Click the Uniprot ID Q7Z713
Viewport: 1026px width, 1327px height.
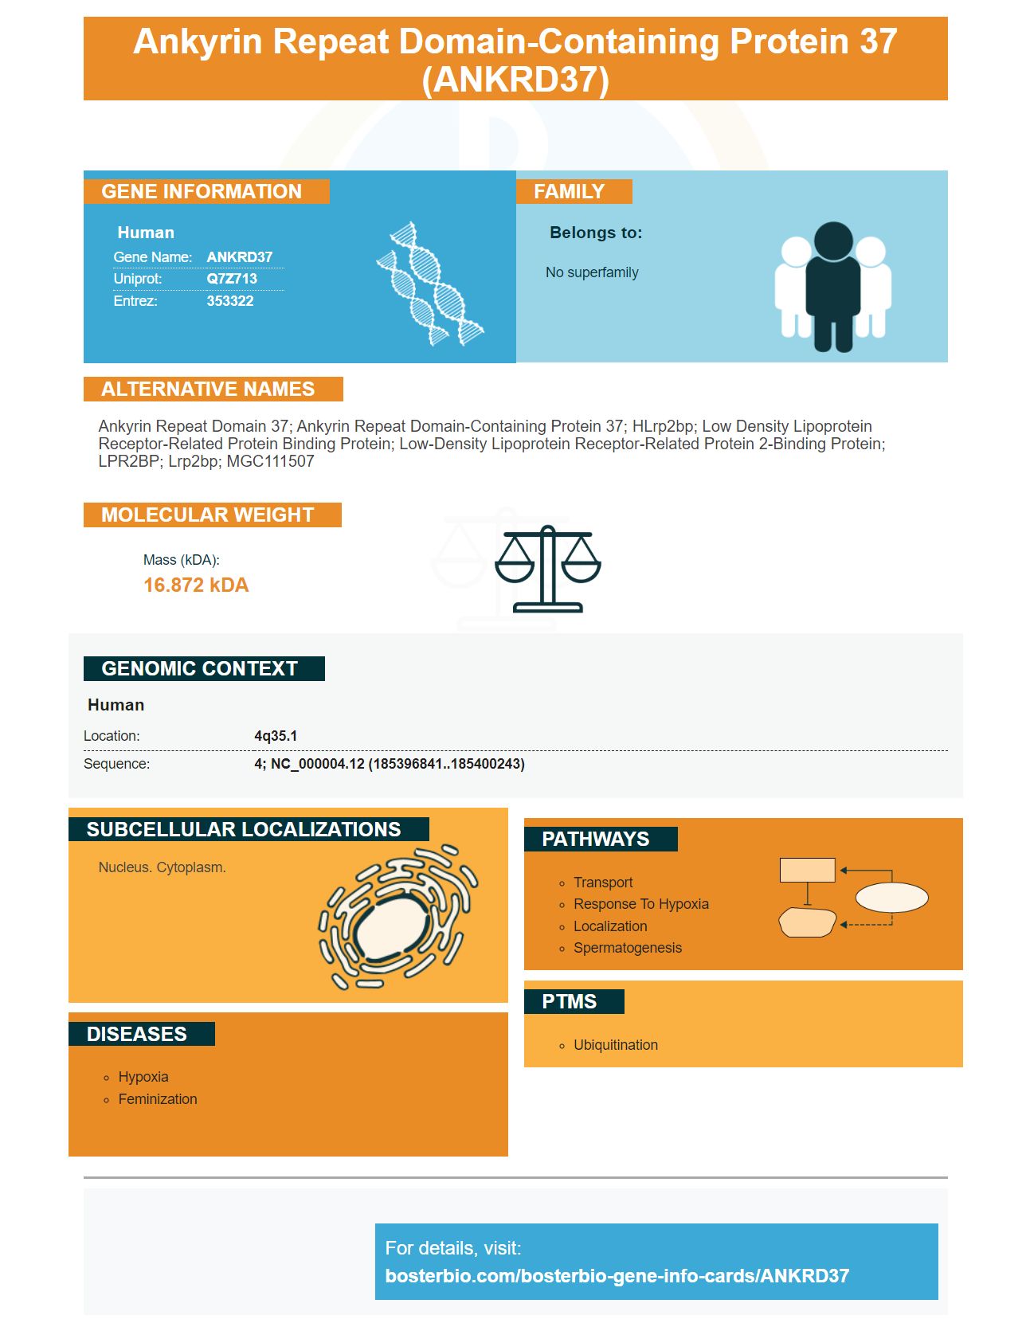(x=232, y=279)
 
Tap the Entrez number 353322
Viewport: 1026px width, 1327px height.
(x=230, y=301)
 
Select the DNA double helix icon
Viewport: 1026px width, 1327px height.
(x=430, y=283)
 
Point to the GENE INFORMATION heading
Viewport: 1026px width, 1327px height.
(x=202, y=192)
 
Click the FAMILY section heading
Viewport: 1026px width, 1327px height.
(x=569, y=192)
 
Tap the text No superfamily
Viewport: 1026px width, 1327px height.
(x=592, y=272)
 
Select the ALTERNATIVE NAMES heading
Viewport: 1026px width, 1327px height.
(x=208, y=389)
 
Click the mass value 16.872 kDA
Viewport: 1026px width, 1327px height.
(x=196, y=585)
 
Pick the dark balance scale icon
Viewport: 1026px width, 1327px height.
(x=548, y=569)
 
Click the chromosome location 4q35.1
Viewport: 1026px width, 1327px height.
(x=276, y=736)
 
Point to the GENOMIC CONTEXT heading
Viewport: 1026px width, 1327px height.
(x=199, y=668)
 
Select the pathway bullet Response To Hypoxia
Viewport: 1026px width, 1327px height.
(x=641, y=904)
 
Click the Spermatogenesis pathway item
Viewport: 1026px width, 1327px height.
(x=628, y=948)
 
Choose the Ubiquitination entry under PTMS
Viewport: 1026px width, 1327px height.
(x=616, y=1045)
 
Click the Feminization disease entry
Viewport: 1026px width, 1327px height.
(x=158, y=1099)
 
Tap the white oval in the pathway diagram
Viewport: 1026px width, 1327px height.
(x=891, y=898)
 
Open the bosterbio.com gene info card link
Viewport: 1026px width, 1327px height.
(x=617, y=1276)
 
